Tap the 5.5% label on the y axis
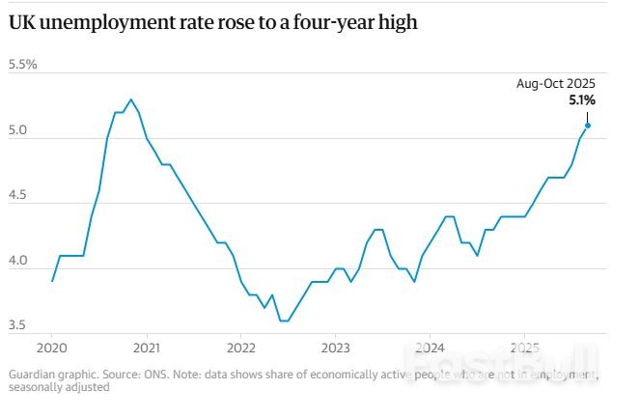[x=22, y=65]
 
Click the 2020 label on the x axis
[x=51, y=348]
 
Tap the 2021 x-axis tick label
[x=146, y=348]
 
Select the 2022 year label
[x=240, y=348]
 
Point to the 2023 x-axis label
[x=335, y=348]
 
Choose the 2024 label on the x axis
[x=430, y=348]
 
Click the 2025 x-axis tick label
[x=524, y=348]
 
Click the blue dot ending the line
[x=588, y=125]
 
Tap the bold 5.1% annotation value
[x=581, y=99]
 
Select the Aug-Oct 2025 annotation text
[x=556, y=84]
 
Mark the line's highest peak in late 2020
[x=131, y=99]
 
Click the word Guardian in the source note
[x=33, y=374]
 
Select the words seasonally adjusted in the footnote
[x=59, y=387]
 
